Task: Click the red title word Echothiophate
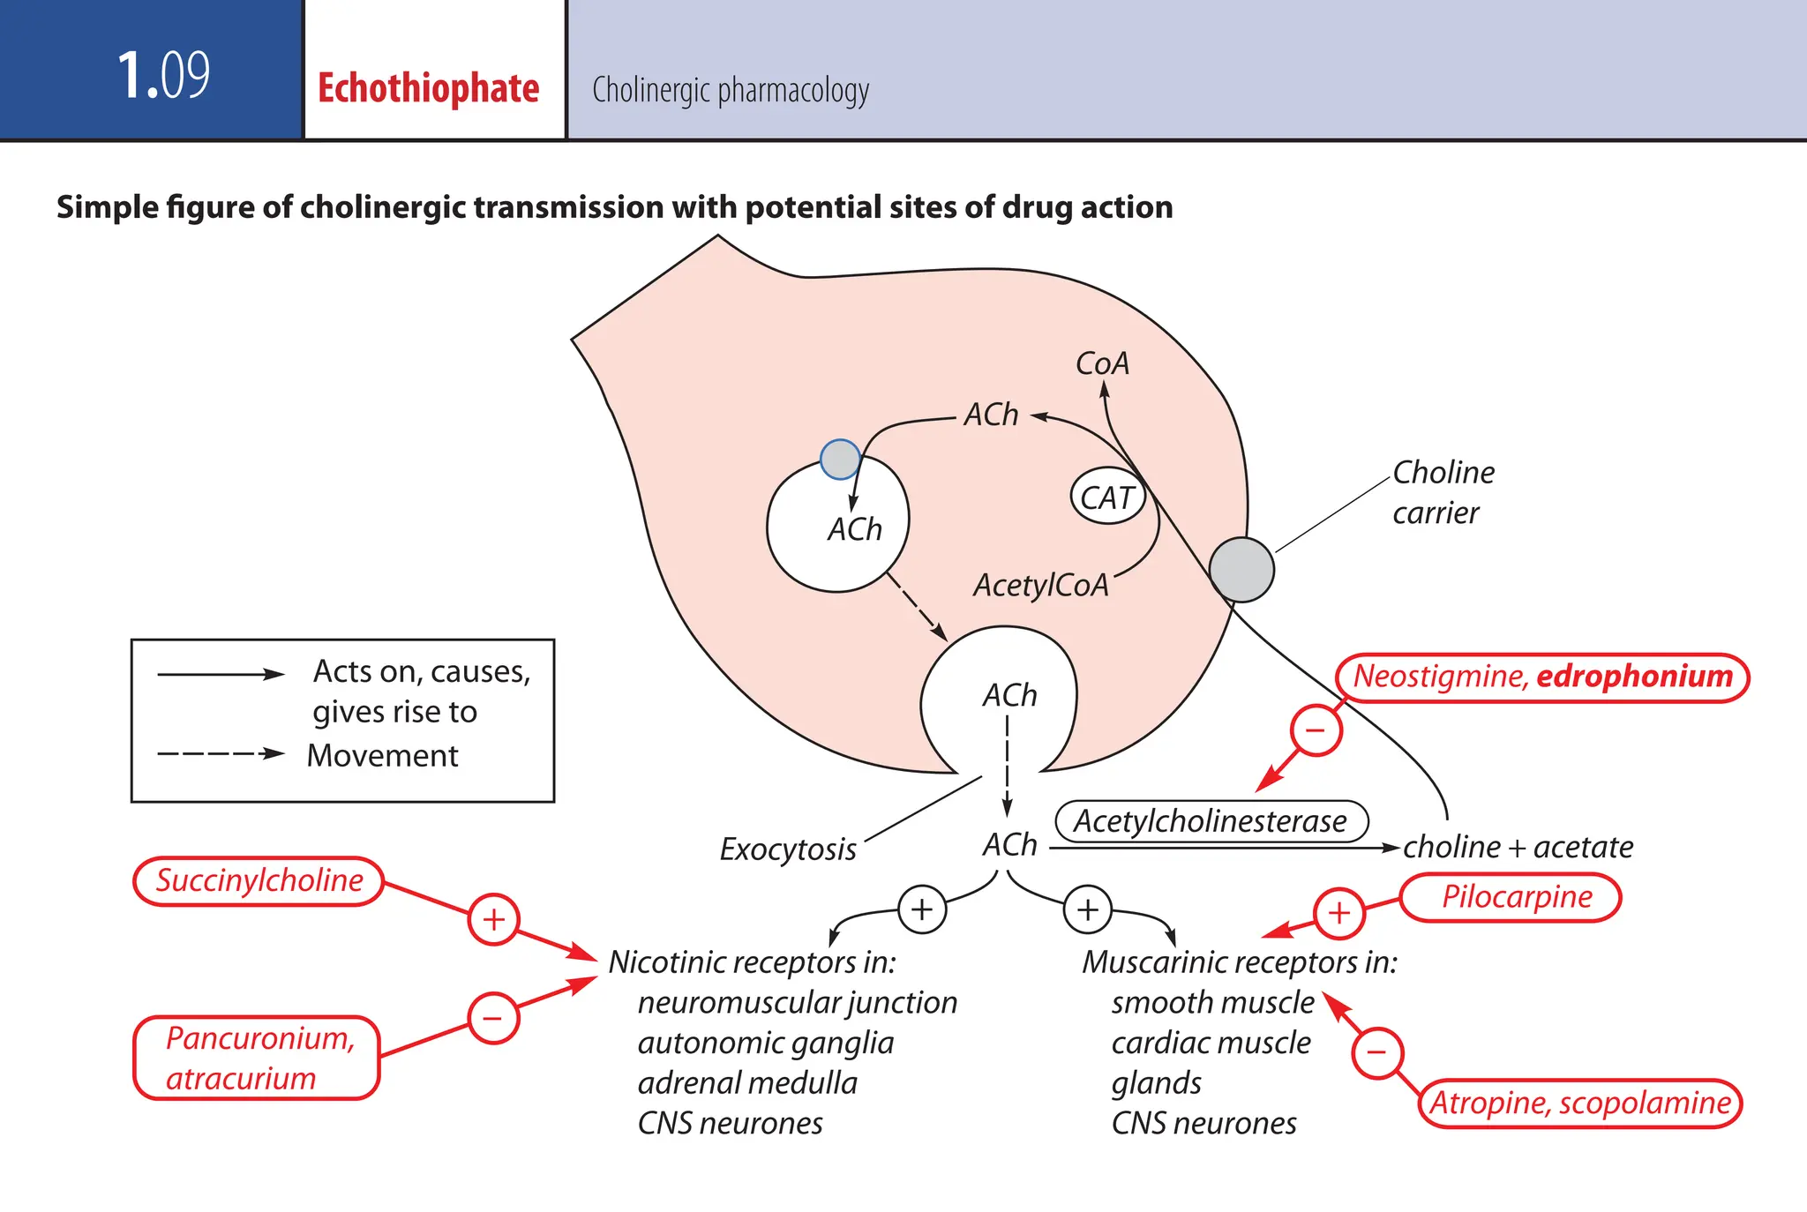[428, 89]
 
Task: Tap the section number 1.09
[163, 75]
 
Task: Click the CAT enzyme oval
[1107, 498]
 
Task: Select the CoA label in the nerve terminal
[1102, 363]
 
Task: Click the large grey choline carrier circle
[1241, 570]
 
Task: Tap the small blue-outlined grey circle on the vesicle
[840, 459]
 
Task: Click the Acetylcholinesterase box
[1211, 821]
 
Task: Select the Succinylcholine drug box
[259, 880]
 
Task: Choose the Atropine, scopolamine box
[1579, 1103]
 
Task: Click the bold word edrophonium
[1634, 677]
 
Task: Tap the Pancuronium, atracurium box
[257, 1058]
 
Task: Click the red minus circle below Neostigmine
[1316, 730]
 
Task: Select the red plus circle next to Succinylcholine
[493, 919]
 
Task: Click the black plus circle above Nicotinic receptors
[922, 909]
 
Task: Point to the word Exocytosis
[788, 849]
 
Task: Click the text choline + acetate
[1518, 847]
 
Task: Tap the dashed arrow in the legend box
[221, 754]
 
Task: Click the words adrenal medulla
[747, 1083]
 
